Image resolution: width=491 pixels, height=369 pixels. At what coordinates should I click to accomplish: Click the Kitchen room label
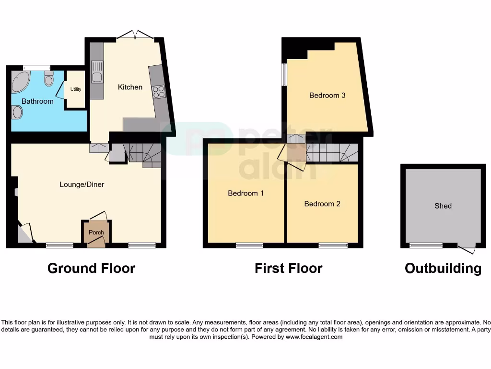click(130, 87)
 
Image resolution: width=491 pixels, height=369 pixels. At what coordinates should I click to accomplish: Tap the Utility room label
click(76, 89)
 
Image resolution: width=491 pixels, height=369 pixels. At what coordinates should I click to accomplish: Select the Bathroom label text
click(37, 101)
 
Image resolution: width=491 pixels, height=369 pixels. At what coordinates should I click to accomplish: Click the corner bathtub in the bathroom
click(20, 82)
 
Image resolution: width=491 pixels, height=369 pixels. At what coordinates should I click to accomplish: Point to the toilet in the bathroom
click(48, 79)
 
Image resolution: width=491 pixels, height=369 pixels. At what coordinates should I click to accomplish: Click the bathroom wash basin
click(17, 112)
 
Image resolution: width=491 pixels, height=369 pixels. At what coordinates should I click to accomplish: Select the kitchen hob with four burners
click(158, 91)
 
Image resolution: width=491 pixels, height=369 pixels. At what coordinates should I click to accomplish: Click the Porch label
click(96, 233)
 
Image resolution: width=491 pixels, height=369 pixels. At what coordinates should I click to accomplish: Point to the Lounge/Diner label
click(82, 184)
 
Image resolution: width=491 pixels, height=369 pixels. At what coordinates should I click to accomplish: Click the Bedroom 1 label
click(245, 193)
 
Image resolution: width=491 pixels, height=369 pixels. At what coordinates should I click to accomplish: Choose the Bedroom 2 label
click(322, 204)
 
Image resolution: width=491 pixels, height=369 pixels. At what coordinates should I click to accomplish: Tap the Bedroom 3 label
click(327, 95)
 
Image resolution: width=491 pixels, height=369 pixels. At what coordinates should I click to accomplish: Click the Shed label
click(443, 206)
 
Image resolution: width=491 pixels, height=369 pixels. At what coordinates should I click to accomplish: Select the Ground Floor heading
click(91, 268)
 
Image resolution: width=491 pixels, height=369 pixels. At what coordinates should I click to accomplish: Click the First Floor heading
click(288, 268)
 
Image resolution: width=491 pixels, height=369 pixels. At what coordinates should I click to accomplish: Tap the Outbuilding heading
click(443, 268)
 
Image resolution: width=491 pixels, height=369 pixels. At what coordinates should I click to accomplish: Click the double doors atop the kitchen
click(136, 35)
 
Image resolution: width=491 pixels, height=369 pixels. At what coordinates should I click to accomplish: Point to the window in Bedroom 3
click(284, 74)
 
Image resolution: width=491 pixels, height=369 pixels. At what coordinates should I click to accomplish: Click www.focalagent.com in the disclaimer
click(314, 337)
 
